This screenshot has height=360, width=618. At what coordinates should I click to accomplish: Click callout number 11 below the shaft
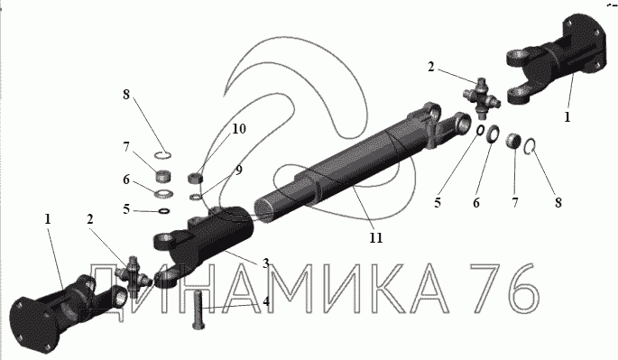(x=375, y=238)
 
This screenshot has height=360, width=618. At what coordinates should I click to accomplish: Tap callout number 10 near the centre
(x=239, y=129)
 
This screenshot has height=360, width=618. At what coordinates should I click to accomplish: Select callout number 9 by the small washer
(x=238, y=171)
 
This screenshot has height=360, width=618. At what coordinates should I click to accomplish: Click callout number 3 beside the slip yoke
(x=265, y=263)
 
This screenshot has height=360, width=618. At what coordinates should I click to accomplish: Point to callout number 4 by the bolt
(x=266, y=301)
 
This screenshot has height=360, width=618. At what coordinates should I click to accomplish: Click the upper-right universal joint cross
(x=482, y=98)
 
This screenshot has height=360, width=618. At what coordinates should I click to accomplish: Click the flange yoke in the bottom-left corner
(x=63, y=311)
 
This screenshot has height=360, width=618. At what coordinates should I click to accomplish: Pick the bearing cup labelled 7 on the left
(x=162, y=175)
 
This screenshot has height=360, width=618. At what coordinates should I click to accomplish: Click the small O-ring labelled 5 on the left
(x=164, y=211)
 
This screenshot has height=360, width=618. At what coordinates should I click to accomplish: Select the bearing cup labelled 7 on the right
(x=513, y=141)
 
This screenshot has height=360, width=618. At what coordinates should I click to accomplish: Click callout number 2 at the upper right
(x=430, y=67)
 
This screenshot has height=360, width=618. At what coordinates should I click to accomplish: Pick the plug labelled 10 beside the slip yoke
(x=195, y=178)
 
